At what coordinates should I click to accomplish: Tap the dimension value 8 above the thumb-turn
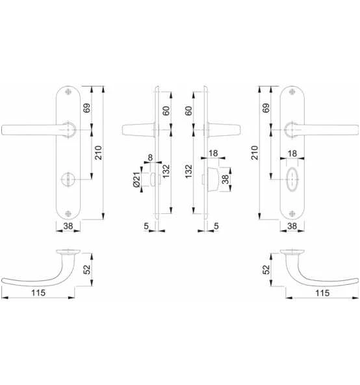151,158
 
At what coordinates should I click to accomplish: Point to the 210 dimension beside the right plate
255,153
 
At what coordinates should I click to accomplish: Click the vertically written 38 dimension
225,180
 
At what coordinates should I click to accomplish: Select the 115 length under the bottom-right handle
321,293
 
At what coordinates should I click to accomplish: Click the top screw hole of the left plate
67,92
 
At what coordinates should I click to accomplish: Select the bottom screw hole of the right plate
293,211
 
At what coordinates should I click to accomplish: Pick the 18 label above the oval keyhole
292,153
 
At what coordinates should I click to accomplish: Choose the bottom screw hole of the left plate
67,211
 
